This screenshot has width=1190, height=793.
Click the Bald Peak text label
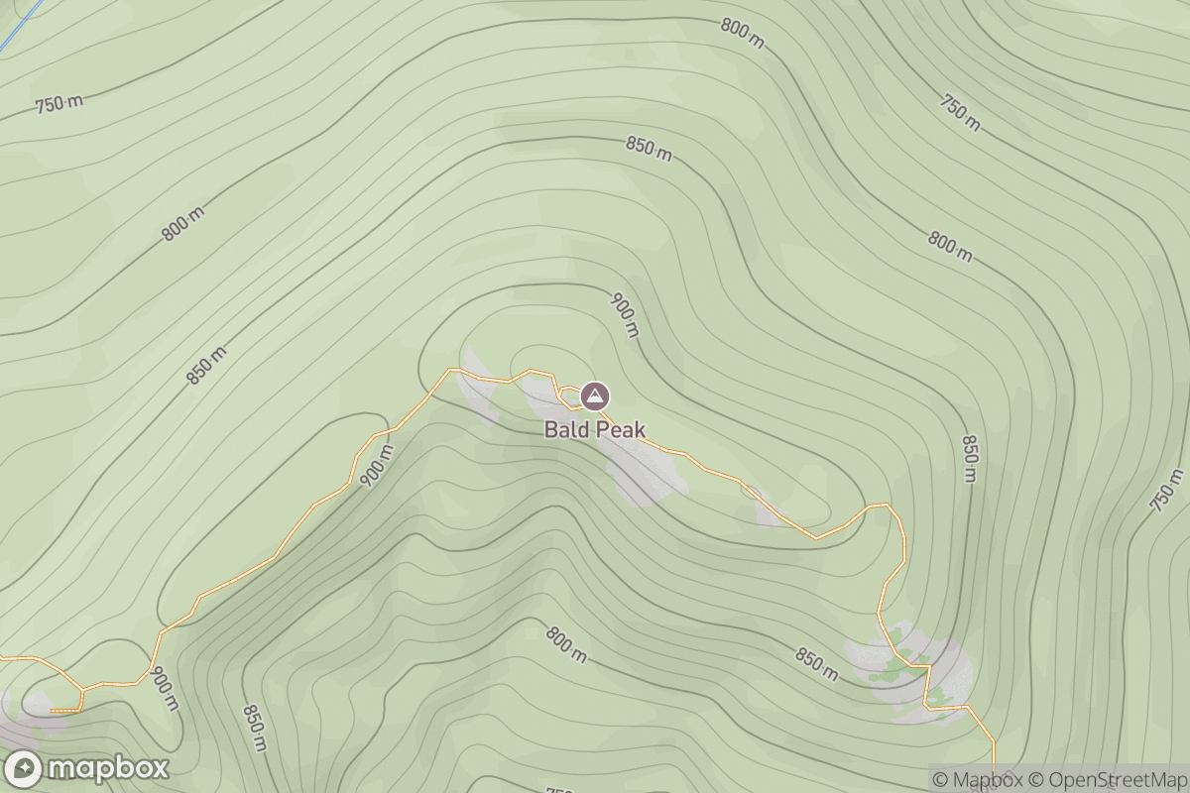coord(594,429)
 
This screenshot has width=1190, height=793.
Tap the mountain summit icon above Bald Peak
coord(594,396)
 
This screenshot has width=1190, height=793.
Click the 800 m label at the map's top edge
coord(743,33)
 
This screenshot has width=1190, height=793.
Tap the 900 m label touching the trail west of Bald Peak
coord(377,466)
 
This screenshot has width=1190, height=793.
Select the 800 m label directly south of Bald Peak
coord(565,644)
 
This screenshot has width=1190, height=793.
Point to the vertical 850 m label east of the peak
coord(970,458)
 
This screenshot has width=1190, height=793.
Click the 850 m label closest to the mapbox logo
coord(255,728)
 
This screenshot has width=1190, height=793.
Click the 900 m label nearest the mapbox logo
coord(165,688)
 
